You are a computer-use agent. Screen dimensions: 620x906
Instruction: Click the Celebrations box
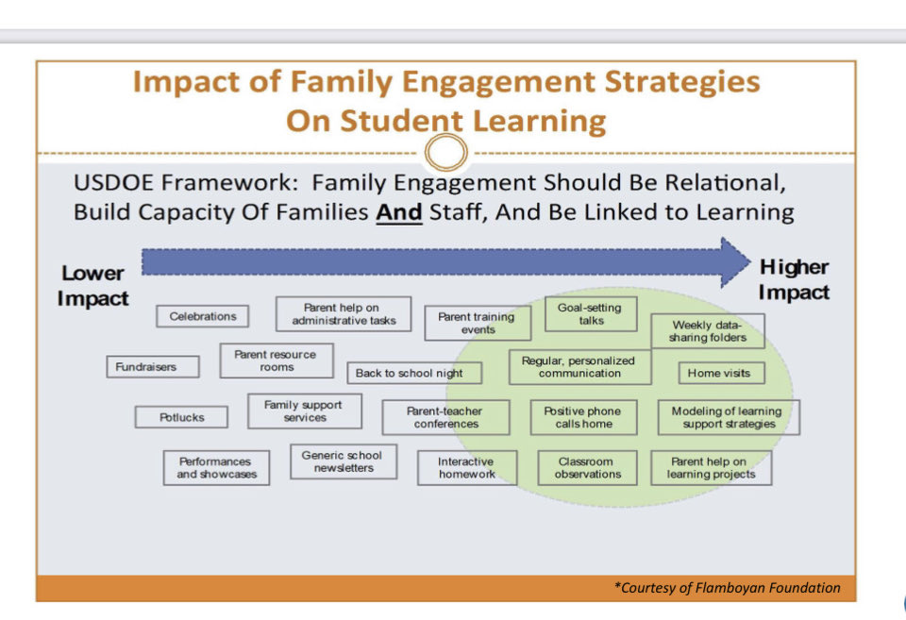203,317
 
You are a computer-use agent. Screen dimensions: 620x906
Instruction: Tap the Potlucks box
182,417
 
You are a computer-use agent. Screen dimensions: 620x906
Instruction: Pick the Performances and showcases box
215,467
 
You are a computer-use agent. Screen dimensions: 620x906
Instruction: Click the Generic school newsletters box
344,461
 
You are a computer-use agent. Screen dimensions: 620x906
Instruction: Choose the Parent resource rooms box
277,360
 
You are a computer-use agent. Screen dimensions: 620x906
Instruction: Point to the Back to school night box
410,373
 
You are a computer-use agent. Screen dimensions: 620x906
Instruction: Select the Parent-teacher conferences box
445,417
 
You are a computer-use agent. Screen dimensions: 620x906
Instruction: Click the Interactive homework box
466,467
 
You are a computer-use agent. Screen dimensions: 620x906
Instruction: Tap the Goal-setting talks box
591,314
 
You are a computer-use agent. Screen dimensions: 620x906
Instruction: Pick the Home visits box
719,373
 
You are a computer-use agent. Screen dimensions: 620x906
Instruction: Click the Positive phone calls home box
582,417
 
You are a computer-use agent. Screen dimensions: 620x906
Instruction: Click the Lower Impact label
92,285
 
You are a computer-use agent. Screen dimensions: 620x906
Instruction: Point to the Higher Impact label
794,279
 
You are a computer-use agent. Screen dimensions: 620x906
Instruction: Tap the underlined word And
396,211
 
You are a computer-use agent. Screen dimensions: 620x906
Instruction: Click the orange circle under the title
446,152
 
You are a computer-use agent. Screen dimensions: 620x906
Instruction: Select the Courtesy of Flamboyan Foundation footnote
727,588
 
